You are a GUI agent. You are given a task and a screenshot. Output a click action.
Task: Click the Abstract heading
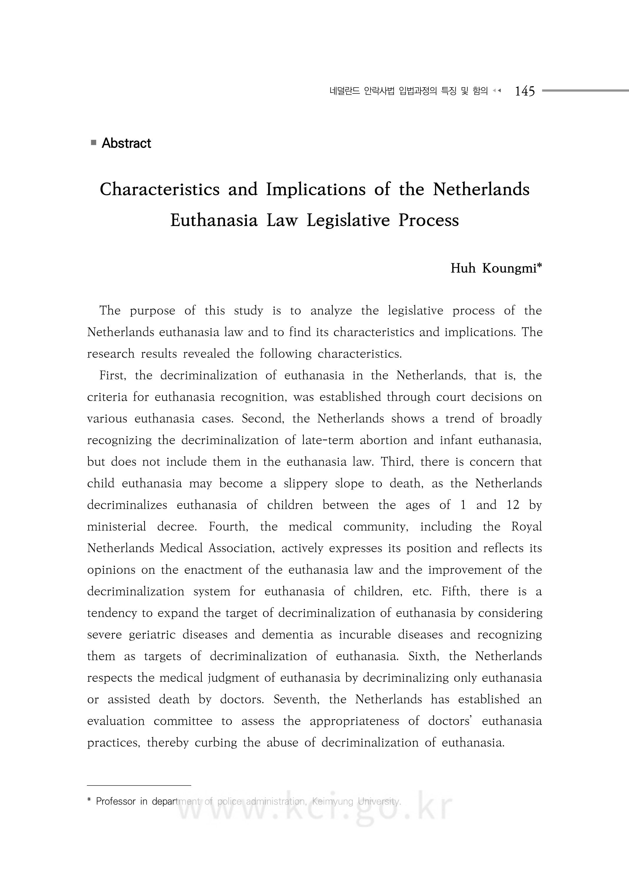(126, 143)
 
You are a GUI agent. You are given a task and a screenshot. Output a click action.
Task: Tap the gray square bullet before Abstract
(93, 143)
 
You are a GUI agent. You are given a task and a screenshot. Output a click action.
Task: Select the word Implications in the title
(315, 189)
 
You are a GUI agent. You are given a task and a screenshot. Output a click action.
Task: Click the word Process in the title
(429, 220)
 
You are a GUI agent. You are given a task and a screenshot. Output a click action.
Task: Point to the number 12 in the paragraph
(513, 505)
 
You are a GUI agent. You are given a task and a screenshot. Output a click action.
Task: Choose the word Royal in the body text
(526, 527)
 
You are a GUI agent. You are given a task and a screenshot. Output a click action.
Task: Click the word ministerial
(116, 527)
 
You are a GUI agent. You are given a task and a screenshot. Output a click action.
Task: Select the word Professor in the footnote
(116, 801)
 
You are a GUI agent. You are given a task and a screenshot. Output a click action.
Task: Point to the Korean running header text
(408, 91)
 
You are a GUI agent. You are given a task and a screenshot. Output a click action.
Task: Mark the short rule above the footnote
(139, 785)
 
